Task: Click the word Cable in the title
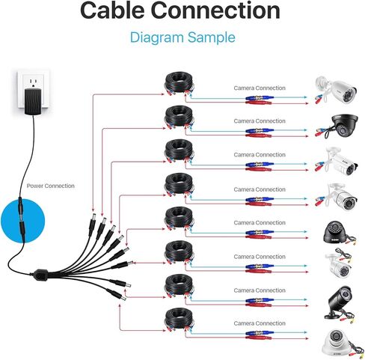(x=112, y=10)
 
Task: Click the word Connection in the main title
(x=215, y=10)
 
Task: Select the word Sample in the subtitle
(x=212, y=38)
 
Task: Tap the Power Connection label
(x=51, y=186)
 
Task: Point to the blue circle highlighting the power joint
(x=22, y=221)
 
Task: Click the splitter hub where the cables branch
(x=40, y=274)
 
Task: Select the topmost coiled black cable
(x=179, y=83)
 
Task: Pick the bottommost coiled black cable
(x=179, y=320)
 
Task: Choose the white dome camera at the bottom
(x=339, y=344)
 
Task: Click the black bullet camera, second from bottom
(x=340, y=304)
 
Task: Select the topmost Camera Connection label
(x=260, y=88)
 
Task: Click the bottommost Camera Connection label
(x=260, y=323)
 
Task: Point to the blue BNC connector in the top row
(x=260, y=98)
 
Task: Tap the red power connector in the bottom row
(x=258, y=338)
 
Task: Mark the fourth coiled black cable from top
(x=179, y=184)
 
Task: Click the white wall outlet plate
(x=34, y=89)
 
